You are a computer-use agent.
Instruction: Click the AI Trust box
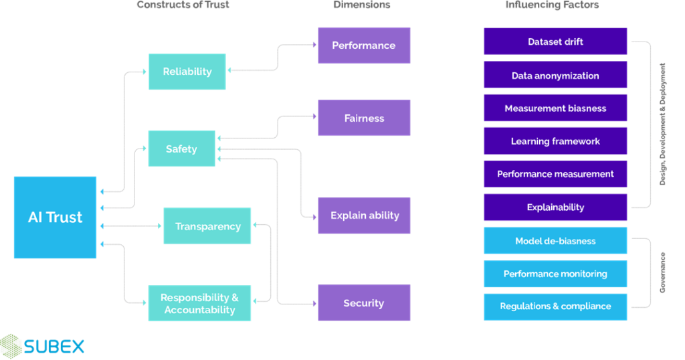pyautogui.click(x=55, y=217)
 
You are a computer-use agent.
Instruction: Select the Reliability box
pyautogui.click(x=187, y=72)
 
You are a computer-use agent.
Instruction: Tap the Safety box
pyautogui.click(x=181, y=149)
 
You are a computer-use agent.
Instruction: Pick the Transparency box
pyautogui.click(x=207, y=226)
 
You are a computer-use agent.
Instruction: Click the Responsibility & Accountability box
pyautogui.click(x=199, y=303)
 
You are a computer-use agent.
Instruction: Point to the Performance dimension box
pyautogui.click(x=363, y=46)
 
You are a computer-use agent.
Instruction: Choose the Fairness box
pyautogui.click(x=363, y=118)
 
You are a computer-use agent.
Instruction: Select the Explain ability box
pyautogui.click(x=364, y=215)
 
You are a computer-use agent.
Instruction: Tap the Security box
pyautogui.click(x=363, y=303)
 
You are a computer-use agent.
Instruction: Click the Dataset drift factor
pyautogui.click(x=555, y=41)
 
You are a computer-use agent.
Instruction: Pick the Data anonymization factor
pyautogui.click(x=555, y=75)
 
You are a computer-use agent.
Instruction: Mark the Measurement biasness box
pyautogui.click(x=555, y=108)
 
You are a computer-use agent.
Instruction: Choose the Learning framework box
pyautogui.click(x=555, y=141)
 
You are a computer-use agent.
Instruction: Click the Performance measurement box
pyautogui.click(x=555, y=174)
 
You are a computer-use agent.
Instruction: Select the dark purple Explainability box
pyautogui.click(x=555, y=207)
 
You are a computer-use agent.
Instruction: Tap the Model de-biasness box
pyautogui.click(x=555, y=240)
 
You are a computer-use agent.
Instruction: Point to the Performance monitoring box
pyautogui.click(x=555, y=274)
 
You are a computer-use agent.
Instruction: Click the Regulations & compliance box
pyautogui.click(x=555, y=306)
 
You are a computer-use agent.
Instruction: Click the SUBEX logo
pyautogui.click(x=43, y=345)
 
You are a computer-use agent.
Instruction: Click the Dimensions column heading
pyautogui.click(x=362, y=5)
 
